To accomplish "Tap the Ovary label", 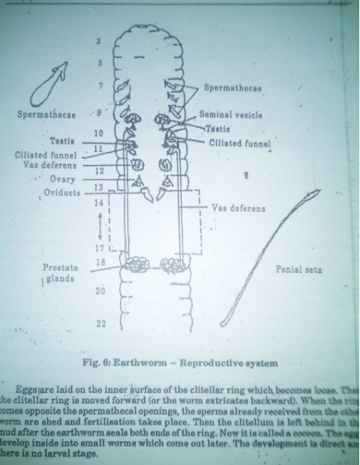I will coord(62,179).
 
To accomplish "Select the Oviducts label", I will coord(61,192).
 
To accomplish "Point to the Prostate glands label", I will coord(60,272).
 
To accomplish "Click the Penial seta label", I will coord(298,270).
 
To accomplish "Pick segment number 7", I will coord(99,85).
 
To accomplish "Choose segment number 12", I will coord(98,170).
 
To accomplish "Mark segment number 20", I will coord(99,291).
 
